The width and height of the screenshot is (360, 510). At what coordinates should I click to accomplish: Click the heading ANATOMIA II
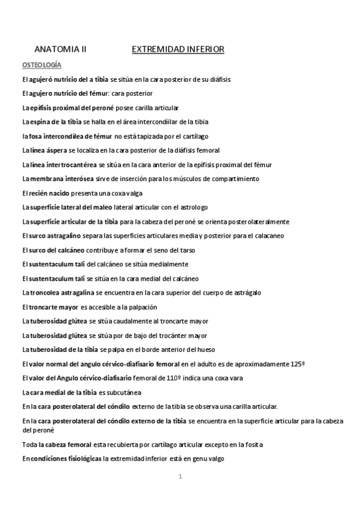tap(61, 51)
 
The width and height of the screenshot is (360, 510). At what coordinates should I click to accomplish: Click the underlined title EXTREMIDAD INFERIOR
tap(178, 51)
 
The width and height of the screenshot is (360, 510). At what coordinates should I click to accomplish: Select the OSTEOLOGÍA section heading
tap(42, 64)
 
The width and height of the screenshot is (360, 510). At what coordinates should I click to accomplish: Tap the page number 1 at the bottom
tap(180, 477)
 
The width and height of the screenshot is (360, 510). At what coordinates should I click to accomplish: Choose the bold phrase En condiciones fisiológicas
tap(61, 459)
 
